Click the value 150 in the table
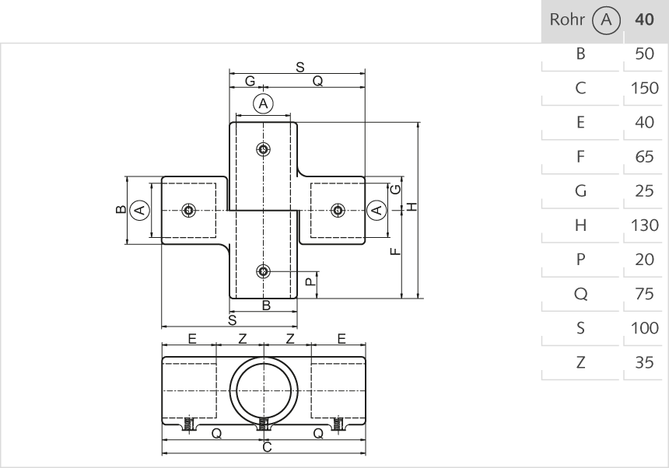point(644,88)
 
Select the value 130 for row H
point(644,225)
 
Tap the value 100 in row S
point(644,328)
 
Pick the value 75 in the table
point(644,294)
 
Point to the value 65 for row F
point(644,156)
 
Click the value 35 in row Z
point(644,362)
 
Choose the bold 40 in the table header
point(644,19)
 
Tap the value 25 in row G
point(644,190)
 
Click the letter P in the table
point(580,260)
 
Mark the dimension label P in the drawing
point(310,283)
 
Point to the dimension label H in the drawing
point(412,206)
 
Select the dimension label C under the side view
point(266,448)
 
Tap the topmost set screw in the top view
point(264,149)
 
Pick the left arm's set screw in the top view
point(187,210)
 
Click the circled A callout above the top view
point(263,103)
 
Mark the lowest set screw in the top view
point(264,271)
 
